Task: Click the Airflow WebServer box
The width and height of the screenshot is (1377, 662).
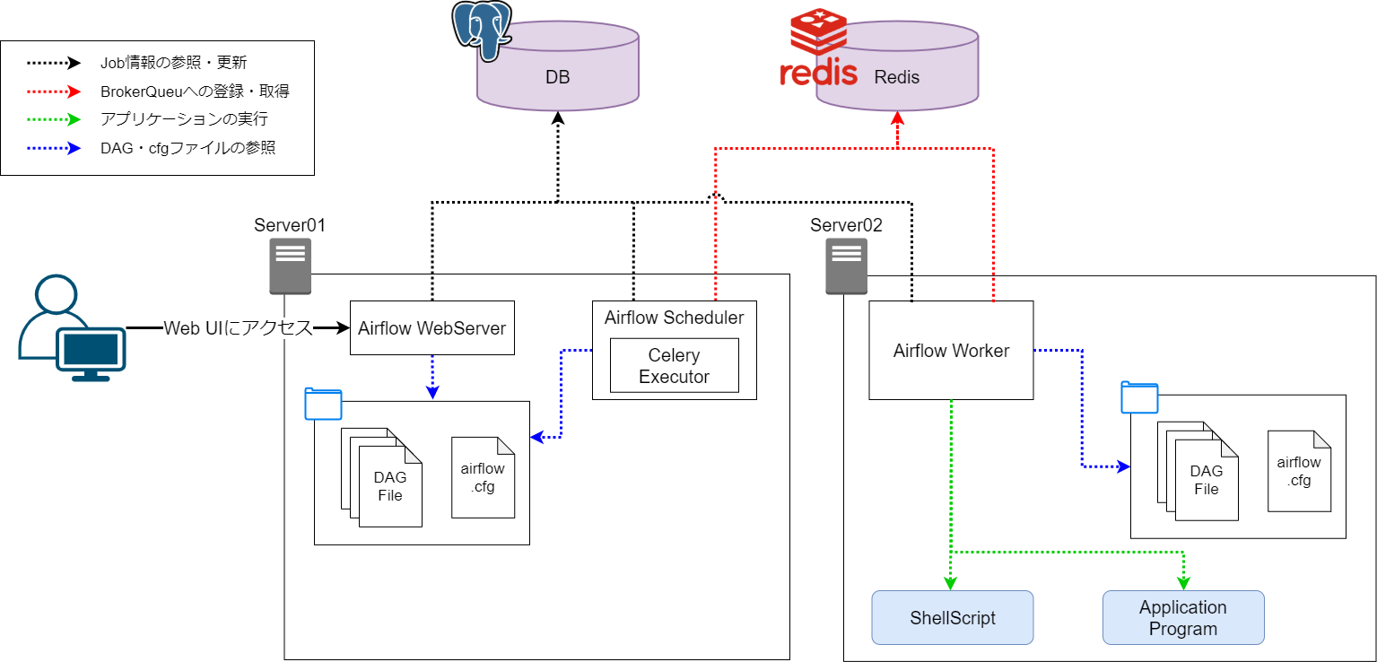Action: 431,327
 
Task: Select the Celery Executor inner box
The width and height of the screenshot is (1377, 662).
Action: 674,366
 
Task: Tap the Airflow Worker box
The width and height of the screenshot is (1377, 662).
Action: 951,351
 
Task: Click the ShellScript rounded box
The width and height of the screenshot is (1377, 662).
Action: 952,617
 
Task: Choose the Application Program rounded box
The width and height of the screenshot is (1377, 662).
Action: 1182,617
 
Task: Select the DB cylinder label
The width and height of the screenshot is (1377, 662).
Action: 557,78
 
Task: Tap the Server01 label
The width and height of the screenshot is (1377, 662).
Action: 289,225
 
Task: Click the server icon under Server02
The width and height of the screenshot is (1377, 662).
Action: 846,266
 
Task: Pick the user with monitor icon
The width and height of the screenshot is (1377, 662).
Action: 72,329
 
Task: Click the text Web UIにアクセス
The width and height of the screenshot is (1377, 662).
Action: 238,328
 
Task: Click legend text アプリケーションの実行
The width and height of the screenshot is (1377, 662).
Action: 184,118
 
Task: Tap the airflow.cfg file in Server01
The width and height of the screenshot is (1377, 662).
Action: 483,477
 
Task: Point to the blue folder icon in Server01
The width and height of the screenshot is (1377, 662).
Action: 323,404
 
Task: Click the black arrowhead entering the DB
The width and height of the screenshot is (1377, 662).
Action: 557,118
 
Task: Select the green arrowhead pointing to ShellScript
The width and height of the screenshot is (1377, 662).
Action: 951,582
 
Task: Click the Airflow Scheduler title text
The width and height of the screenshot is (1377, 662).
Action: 674,318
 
